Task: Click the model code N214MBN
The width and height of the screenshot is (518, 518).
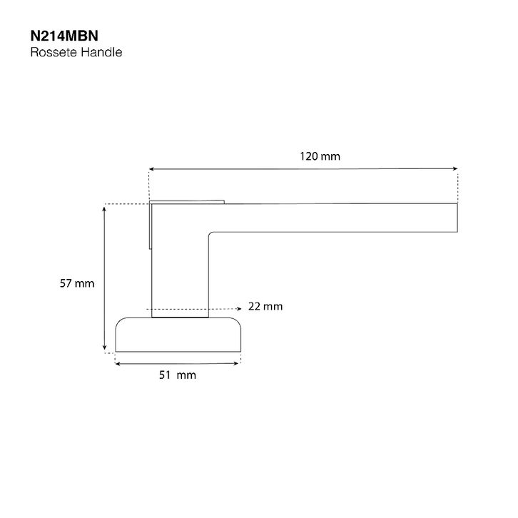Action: tap(64, 36)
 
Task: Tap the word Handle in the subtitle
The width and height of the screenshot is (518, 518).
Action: tap(101, 52)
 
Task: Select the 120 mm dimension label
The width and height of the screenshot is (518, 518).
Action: tap(320, 156)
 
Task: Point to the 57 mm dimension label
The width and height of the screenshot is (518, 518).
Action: tap(77, 283)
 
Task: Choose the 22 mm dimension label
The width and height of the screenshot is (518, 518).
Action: tap(265, 306)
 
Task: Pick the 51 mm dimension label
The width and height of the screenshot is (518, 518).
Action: tap(178, 375)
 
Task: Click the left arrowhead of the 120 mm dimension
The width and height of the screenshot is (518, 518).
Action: tap(151, 169)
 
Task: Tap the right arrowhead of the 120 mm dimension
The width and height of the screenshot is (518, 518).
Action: tap(455, 168)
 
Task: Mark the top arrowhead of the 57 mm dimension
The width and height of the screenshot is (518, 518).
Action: tap(104, 209)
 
